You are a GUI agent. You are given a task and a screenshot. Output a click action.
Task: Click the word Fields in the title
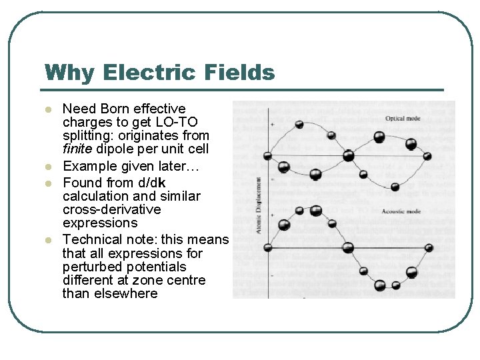point(241,72)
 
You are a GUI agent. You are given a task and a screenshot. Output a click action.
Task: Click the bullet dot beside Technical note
point(47,240)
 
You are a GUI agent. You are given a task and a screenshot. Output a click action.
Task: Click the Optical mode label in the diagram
point(403,119)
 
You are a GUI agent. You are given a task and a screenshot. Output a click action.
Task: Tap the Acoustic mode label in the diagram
point(401,211)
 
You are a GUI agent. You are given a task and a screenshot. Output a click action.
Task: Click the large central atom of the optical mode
point(348,156)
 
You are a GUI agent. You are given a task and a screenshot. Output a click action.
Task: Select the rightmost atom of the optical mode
point(427,157)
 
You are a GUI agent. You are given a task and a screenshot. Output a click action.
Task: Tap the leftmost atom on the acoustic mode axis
point(268,247)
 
